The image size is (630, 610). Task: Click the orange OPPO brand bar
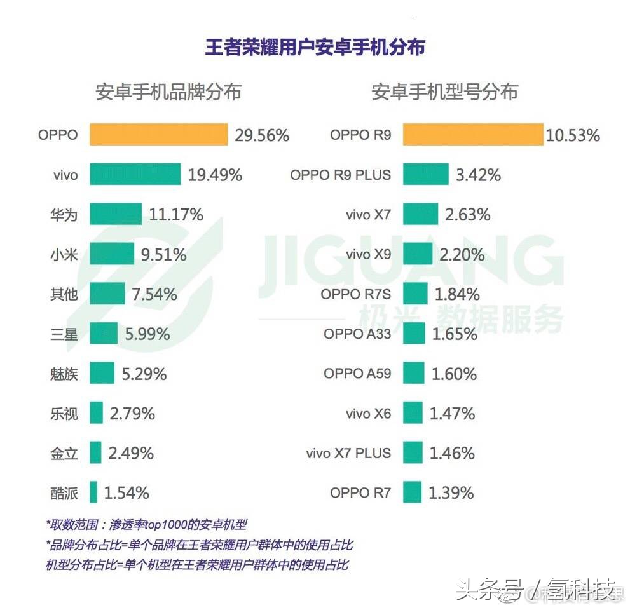(158, 135)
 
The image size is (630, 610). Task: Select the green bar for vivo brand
(135, 174)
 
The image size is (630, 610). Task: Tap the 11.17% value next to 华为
(176, 215)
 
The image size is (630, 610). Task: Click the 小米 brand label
(64, 254)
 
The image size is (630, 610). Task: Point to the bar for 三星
(104, 333)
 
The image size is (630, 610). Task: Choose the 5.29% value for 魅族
(144, 374)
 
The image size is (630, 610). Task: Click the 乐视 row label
(64, 414)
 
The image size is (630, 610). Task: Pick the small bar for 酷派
(93, 492)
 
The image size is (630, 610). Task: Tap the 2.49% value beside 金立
(130, 453)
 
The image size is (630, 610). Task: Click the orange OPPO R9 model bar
(473, 135)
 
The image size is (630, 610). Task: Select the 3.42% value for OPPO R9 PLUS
(477, 174)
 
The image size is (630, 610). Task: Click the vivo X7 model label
(368, 215)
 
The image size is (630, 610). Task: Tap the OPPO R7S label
(355, 294)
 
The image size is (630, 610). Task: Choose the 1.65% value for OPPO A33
(454, 334)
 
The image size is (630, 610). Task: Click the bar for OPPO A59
(413, 374)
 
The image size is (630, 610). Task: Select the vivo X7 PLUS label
(348, 453)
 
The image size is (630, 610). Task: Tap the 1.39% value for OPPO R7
(451, 492)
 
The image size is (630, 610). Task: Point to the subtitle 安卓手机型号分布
(444, 92)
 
